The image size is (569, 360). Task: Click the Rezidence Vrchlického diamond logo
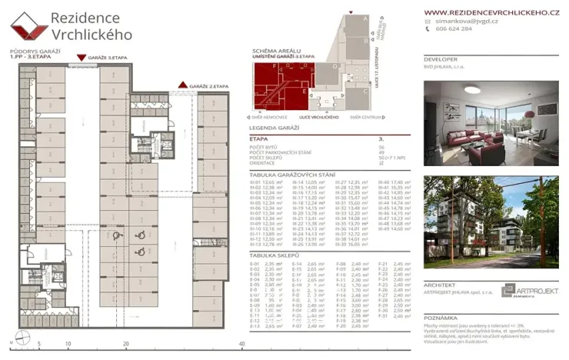(29, 28)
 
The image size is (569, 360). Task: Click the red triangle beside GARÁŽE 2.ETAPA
(182, 85)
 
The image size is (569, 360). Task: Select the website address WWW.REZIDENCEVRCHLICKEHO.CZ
(491, 13)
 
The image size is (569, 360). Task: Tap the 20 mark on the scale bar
(125, 344)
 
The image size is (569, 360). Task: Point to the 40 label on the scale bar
(241, 344)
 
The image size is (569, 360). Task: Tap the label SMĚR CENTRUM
(367, 117)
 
